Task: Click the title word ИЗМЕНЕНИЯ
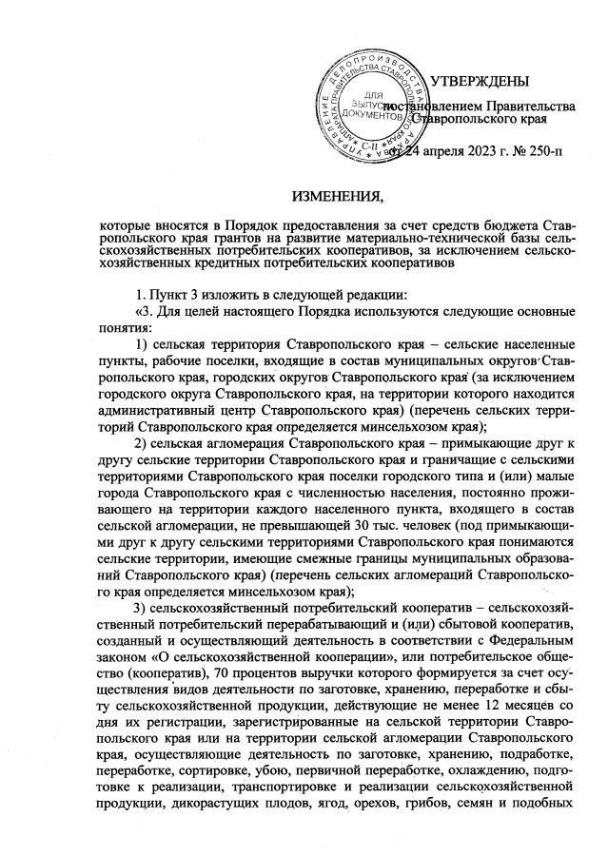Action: coord(335,197)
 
